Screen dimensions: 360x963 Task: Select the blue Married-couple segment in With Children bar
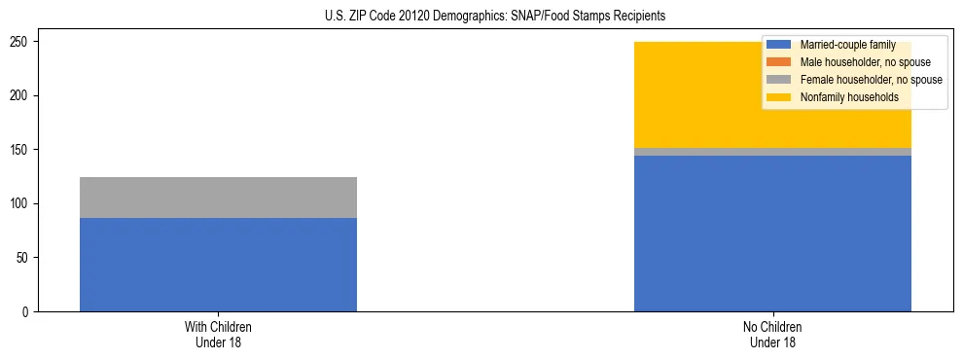tap(218, 265)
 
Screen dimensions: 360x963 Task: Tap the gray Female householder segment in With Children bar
tap(218, 198)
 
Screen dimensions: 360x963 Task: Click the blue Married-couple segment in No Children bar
tap(772, 234)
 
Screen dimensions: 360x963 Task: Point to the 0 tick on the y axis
tap(28, 311)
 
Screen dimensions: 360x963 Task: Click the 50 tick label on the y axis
tap(25, 258)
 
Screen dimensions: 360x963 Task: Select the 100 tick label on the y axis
tap(22, 203)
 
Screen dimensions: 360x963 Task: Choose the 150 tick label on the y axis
tap(22, 150)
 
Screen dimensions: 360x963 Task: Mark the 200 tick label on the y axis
tap(22, 95)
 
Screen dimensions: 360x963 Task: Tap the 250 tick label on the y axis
tap(22, 42)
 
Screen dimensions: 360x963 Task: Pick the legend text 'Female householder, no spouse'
tap(871, 80)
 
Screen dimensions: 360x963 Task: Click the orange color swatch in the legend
tap(780, 62)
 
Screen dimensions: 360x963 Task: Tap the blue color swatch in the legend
tap(780, 46)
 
